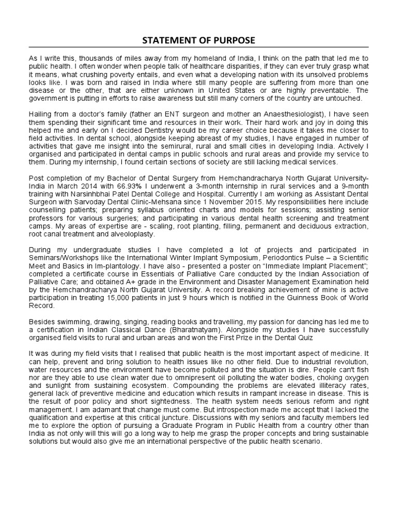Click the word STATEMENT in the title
pos(170,41)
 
